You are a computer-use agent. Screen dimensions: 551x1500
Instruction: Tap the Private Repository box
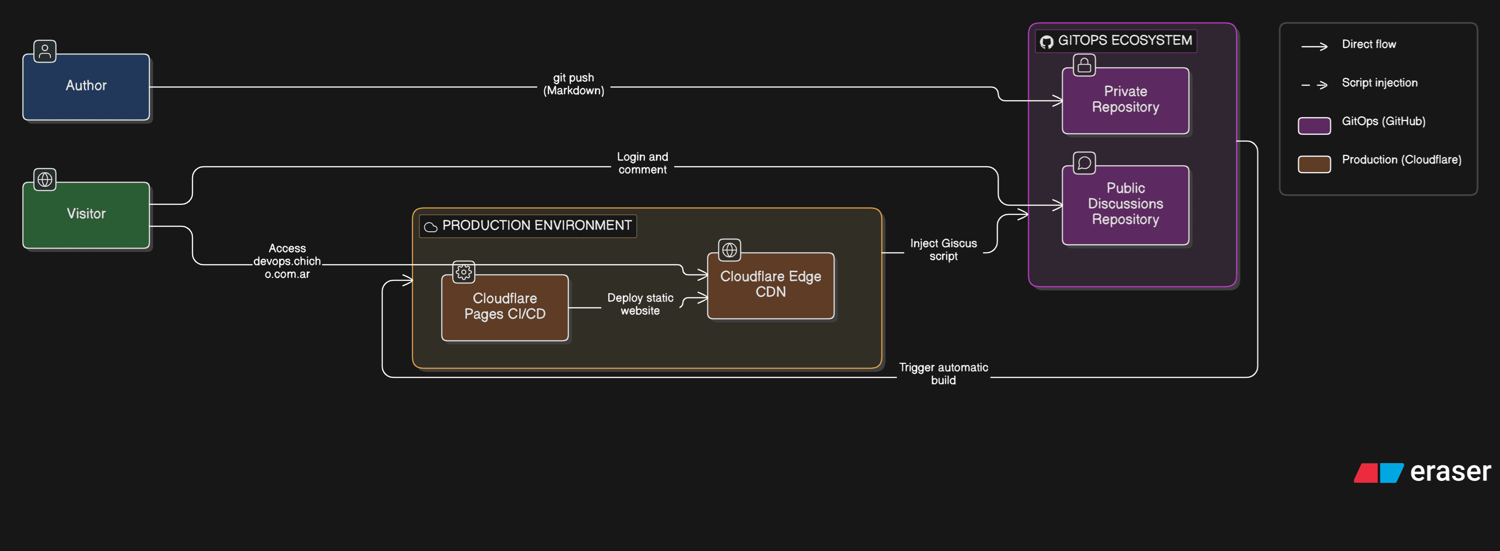pos(1125,100)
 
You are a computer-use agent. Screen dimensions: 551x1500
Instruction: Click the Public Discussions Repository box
pos(1125,204)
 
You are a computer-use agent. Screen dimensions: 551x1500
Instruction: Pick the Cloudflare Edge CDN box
pos(770,285)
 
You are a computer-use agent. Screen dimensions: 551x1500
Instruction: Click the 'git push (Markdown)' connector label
pos(574,84)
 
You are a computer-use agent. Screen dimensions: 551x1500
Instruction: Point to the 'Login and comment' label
pos(642,164)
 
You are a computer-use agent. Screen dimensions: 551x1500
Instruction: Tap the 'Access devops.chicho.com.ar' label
pos(287,261)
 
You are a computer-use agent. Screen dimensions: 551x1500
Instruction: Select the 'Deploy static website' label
pos(640,304)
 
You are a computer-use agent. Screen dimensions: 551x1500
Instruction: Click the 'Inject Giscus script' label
pos(943,250)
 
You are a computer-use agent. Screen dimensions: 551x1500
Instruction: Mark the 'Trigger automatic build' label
pos(943,374)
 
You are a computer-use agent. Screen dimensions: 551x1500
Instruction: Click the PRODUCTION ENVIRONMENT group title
pos(536,226)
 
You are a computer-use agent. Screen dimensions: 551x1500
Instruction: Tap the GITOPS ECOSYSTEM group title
pos(1124,41)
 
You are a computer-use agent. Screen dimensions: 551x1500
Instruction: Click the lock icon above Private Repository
pos(1084,65)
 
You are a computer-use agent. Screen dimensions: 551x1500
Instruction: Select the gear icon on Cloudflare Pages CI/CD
pos(463,272)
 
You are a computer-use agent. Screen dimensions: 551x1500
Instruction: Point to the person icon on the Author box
pos(45,51)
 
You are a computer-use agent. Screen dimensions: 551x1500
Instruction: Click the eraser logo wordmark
pos(1450,472)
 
